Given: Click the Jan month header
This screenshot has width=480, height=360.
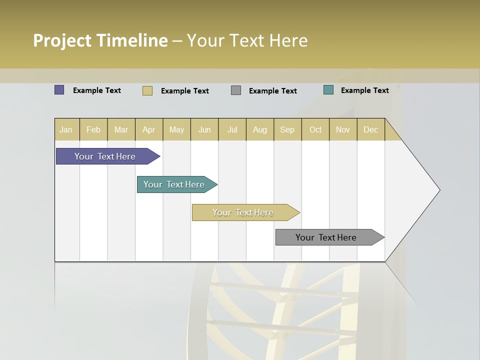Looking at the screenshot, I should click(x=66, y=129).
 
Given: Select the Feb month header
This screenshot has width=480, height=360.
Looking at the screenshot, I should click(x=93, y=129).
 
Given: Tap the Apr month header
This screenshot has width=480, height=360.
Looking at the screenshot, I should click(x=149, y=129).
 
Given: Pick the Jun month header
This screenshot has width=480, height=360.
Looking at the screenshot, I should click(x=204, y=129).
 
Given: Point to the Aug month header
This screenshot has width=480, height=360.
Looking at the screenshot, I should click(x=260, y=129).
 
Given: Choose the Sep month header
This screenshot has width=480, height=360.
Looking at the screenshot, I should click(x=287, y=129).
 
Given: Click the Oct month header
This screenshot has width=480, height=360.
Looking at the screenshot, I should click(x=315, y=129).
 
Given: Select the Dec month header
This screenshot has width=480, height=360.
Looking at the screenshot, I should click(x=370, y=129).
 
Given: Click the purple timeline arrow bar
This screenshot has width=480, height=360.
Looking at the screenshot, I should click(x=105, y=156).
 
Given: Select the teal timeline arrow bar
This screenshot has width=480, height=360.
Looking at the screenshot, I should click(x=174, y=184).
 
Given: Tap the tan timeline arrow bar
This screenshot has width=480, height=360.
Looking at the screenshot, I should click(x=243, y=212).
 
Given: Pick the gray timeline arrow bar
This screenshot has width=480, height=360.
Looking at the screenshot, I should click(x=326, y=237).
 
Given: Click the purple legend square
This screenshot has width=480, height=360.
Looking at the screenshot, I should click(x=59, y=90).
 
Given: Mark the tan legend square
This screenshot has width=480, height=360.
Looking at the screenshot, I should click(x=147, y=90).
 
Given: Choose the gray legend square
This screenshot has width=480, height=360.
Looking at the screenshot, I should click(x=236, y=90).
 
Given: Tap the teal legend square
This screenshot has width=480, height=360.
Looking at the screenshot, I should click(x=328, y=90).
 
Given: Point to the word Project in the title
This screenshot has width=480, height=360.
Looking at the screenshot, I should click(x=62, y=40).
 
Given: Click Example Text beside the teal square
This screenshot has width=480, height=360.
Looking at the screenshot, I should click(x=364, y=90).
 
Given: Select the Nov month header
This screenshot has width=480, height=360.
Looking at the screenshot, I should click(x=343, y=129).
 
